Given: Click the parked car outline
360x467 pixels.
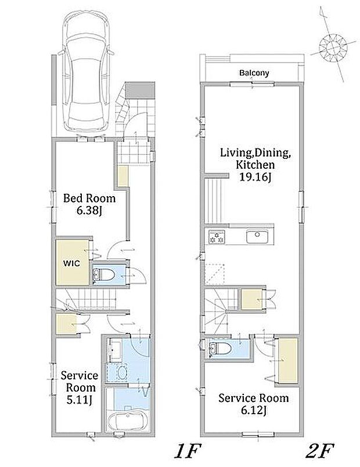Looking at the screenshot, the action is pos(86,71).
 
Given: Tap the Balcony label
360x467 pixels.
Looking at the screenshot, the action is pos(254,73).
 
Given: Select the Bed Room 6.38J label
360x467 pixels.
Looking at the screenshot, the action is pos(89,204).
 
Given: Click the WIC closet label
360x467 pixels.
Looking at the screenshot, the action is pos(71,263).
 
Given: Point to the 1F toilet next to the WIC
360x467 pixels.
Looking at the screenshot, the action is pos(104,274).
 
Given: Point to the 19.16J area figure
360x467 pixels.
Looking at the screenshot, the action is pos(255,177).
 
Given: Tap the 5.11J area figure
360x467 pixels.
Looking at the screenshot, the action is pos(79,400).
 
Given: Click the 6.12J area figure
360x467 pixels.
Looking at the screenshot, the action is pos(253,411).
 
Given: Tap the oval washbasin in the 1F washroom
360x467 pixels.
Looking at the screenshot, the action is pos(122,372).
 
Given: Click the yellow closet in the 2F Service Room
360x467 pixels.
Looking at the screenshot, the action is pos(288,360).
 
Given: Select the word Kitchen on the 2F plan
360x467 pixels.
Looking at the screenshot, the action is pos(255,164).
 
